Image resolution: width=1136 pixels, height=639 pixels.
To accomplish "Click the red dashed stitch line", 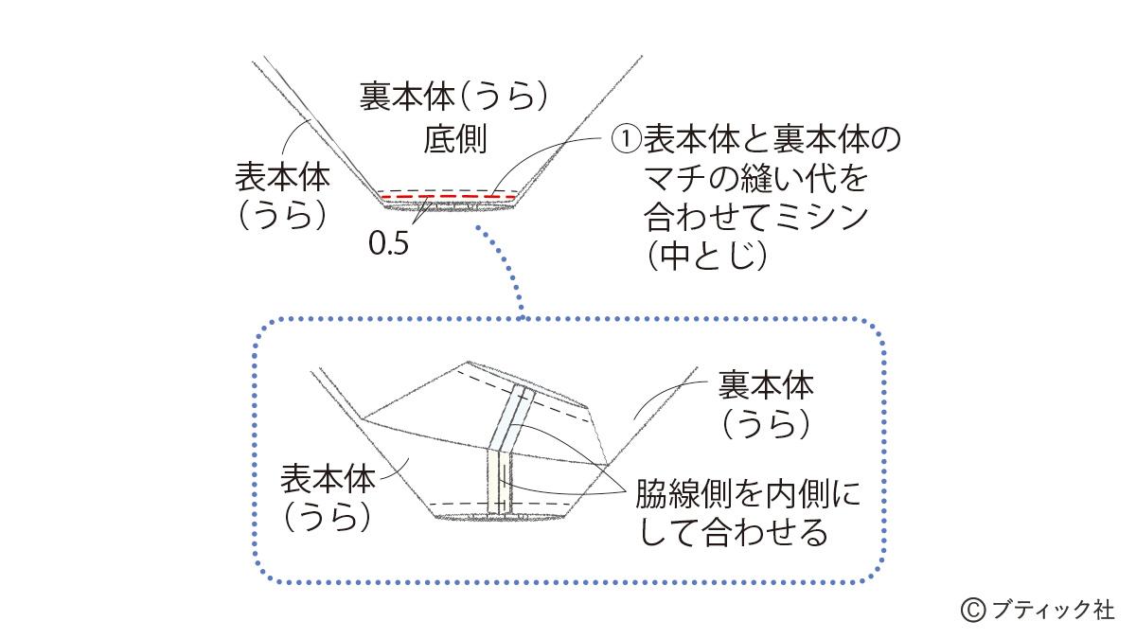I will [x=447, y=198].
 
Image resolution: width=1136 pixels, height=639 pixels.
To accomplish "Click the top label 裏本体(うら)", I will [x=454, y=98].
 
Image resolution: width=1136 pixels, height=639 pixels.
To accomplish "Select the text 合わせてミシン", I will [x=754, y=217].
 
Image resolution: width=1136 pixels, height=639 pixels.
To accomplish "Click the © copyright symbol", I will [x=973, y=610].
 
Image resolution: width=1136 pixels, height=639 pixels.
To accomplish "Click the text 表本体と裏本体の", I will [x=772, y=140].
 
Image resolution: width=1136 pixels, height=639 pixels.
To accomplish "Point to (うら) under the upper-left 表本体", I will [x=282, y=215].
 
